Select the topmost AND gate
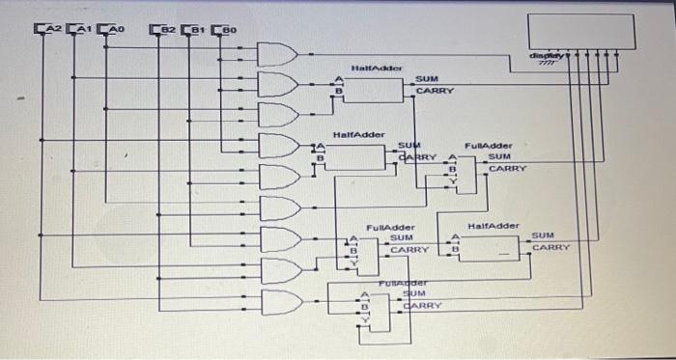point(278,55)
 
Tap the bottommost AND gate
point(280,302)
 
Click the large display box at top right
point(580,34)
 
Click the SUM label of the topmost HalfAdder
point(426,78)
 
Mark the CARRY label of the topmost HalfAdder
point(434,92)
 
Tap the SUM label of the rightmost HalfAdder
point(543,235)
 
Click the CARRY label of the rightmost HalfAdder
point(550,248)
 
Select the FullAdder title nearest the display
point(488,145)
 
